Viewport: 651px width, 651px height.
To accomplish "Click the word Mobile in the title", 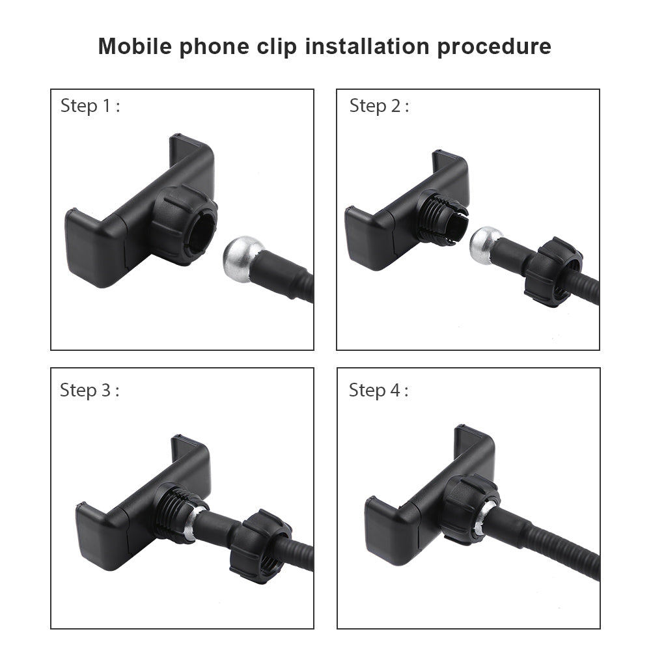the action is pyautogui.click(x=135, y=46).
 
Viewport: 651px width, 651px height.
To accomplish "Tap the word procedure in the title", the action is pyautogui.click(x=494, y=47).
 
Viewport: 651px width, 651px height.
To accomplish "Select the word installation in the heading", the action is pyautogui.click(x=367, y=46).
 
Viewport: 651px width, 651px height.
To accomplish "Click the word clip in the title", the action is pyautogui.click(x=277, y=47).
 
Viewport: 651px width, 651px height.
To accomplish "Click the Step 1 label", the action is pyautogui.click(x=90, y=106).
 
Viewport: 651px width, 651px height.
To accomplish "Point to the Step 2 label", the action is pyautogui.click(x=379, y=106).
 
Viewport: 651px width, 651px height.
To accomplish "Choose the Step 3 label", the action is pyautogui.click(x=90, y=390).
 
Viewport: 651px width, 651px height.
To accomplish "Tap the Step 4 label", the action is pyautogui.click(x=379, y=390).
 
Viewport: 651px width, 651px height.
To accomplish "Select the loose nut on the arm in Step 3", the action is pyautogui.click(x=260, y=547).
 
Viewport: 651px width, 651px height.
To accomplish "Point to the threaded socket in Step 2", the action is pyautogui.click(x=441, y=219).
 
